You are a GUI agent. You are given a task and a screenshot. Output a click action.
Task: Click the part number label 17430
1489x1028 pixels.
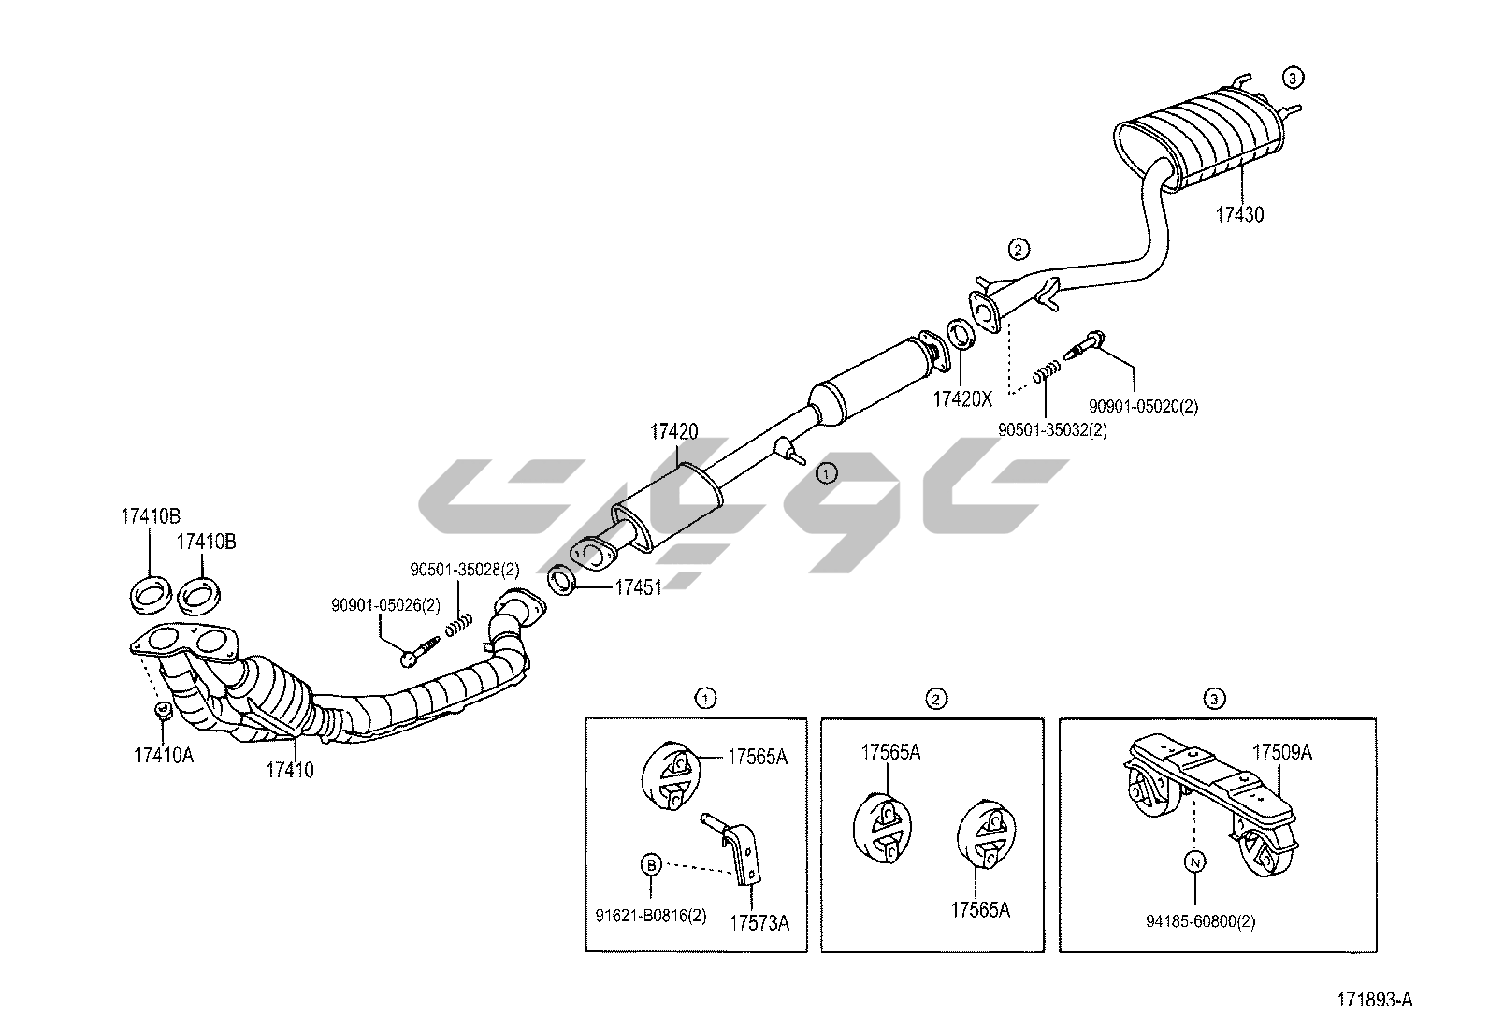[1239, 214]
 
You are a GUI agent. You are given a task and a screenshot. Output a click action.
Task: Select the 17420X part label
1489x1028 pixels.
[961, 398]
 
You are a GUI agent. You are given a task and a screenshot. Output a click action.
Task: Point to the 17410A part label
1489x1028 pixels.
[164, 754]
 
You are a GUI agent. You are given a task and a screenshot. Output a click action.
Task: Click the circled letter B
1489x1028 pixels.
[651, 865]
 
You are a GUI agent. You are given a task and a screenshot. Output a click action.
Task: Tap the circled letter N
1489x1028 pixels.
[1195, 861]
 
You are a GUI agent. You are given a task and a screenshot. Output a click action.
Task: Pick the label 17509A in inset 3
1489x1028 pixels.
[1282, 752]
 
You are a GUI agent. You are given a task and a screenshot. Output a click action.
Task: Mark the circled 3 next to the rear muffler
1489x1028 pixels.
[1292, 78]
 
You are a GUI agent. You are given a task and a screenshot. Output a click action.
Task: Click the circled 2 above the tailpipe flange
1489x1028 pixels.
[1018, 249]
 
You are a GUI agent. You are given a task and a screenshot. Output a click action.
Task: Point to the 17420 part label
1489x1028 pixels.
[674, 432]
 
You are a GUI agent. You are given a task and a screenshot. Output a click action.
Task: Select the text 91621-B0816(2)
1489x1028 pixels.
[650, 915]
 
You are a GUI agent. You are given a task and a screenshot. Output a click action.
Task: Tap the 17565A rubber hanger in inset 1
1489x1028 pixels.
[672, 775]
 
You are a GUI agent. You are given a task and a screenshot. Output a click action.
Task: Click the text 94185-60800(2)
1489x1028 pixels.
[1200, 922]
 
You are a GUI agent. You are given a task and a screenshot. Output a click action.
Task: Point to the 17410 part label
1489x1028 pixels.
[290, 770]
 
